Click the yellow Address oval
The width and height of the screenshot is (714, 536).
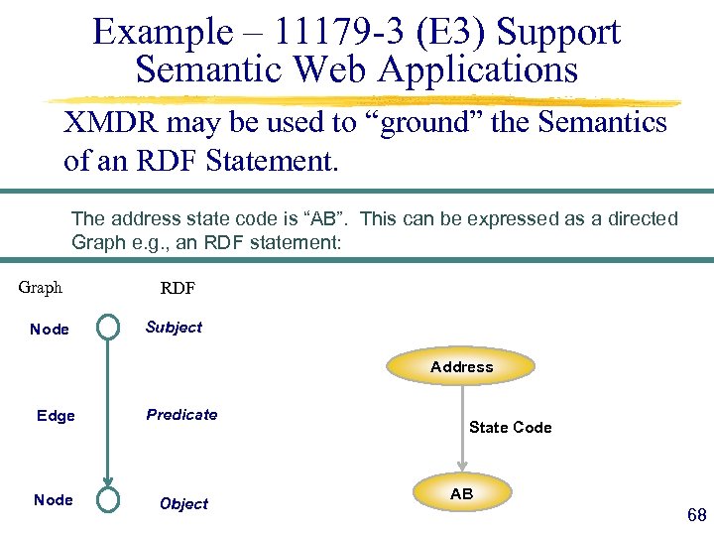462,367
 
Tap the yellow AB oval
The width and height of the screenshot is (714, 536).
462,494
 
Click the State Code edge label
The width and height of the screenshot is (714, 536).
510,428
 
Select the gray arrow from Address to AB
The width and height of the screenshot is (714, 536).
462,427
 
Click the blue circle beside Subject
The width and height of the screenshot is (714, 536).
107,327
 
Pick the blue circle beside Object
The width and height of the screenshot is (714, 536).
107,499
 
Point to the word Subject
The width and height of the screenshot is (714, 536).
174,328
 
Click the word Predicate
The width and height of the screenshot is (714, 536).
181,415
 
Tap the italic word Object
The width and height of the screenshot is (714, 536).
183,504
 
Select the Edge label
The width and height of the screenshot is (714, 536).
56,416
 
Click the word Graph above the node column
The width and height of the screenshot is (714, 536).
41,288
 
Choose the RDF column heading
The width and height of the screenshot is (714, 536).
178,289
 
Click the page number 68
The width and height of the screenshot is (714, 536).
696,514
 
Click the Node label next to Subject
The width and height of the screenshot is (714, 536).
50,330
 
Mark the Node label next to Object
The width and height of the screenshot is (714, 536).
53,500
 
